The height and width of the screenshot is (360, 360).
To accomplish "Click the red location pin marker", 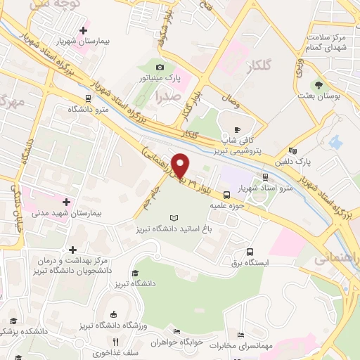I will click(181, 165).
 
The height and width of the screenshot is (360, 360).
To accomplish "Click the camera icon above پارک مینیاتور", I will click(159, 67).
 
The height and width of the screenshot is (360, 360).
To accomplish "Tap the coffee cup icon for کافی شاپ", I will click(237, 129).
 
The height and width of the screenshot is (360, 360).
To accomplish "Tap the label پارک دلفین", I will click(315, 160).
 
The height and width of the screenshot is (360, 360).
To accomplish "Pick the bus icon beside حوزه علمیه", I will click(227, 195).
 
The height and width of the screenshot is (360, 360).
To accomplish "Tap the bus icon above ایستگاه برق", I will click(250, 252).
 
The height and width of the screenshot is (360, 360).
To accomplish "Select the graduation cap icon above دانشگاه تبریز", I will click(134, 273).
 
